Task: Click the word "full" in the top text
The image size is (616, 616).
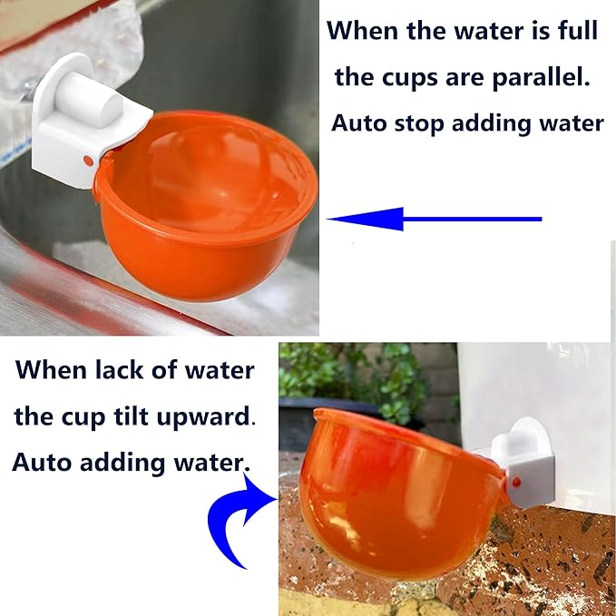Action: (x=572, y=31)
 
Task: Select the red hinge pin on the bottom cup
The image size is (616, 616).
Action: (x=514, y=482)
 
